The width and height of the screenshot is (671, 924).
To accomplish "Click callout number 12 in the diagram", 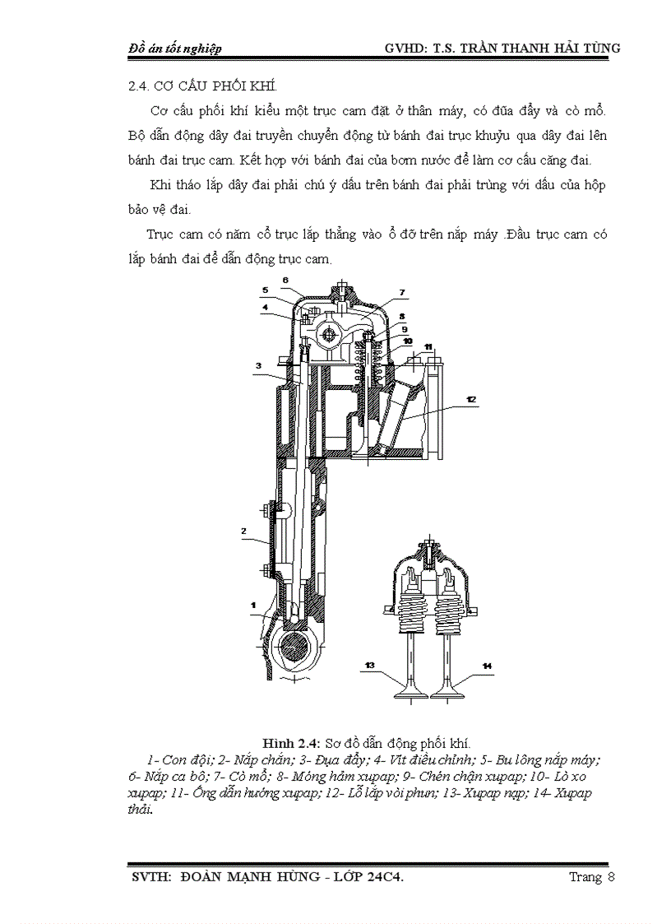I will click(470, 399).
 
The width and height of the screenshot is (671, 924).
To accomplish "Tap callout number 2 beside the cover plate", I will click(244, 532).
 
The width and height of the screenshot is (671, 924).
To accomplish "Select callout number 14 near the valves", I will click(487, 665).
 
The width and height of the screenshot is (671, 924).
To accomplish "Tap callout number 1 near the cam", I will click(254, 605).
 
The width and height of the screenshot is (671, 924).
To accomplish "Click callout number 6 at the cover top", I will click(285, 280).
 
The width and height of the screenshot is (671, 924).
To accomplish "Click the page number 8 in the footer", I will click(611, 876).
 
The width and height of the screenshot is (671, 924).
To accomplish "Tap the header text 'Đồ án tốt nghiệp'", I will click(175, 49).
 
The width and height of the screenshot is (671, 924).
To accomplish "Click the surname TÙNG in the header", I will click(598, 49).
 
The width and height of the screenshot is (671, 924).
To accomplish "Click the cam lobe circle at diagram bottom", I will click(293, 647).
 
